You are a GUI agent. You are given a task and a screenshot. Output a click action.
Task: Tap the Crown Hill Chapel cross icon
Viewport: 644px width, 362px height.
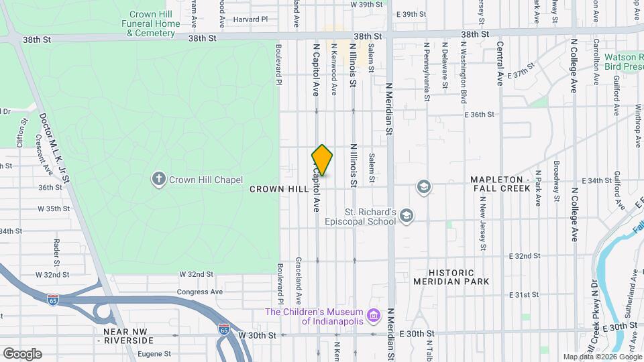[159, 178]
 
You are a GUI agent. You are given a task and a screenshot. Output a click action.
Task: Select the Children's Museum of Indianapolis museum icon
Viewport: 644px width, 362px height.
[374, 314]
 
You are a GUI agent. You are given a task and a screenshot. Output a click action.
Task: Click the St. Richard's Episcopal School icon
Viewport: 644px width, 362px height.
[405, 215]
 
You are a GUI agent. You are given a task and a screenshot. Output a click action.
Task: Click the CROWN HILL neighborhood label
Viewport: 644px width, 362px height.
[279, 190]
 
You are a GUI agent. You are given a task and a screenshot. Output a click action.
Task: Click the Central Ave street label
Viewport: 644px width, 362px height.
[500, 64]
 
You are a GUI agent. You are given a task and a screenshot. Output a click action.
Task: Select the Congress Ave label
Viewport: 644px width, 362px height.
[199, 292]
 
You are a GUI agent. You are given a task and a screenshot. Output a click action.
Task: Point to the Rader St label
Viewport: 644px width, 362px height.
[56, 251]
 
